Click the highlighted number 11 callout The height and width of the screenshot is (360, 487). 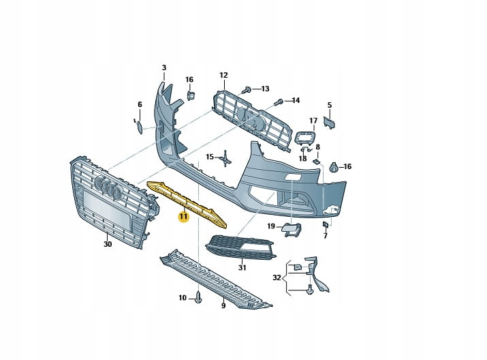[x=183, y=217]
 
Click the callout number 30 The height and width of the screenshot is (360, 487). [x=108, y=244]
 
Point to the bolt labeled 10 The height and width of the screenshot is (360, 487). [x=198, y=298]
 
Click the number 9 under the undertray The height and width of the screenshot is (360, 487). [x=223, y=306]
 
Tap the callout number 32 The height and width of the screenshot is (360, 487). [x=276, y=277]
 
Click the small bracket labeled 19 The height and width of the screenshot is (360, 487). [x=292, y=230]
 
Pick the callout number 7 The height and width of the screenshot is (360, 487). [x=326, y=235]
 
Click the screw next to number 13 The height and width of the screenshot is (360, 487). [x=247, y=89]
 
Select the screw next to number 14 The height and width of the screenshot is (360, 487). [x=279, y=102]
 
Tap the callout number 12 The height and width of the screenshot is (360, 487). [x=223, y=74]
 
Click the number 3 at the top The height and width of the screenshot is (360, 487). [x=164, y=67]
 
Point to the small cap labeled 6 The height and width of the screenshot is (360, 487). [x=137, y=125]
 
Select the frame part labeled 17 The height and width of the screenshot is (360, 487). [x=304, y=139]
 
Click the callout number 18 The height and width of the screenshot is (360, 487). [x=302, y=158]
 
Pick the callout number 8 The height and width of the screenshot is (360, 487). [x=317, y=147]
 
